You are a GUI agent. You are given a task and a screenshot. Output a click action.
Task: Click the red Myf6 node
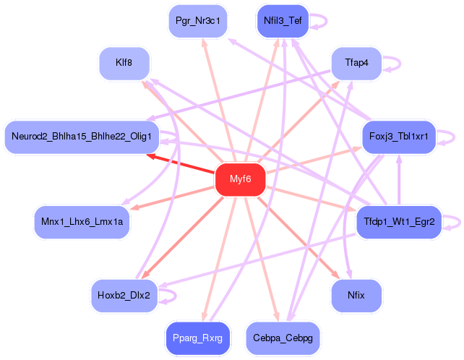240,179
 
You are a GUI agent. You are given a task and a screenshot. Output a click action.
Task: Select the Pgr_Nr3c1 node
197,21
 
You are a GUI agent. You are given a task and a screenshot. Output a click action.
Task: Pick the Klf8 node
124,63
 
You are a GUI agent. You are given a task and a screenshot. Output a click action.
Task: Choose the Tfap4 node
356,63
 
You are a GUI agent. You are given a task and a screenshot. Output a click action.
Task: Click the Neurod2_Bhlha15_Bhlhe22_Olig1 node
81,137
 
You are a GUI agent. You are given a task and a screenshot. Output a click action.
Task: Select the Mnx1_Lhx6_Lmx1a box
82,222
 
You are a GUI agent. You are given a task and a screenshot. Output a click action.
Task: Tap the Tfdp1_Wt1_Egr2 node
399,222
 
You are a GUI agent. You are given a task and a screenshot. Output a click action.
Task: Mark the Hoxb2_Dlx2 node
124,295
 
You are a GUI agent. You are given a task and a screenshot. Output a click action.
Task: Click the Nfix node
356,295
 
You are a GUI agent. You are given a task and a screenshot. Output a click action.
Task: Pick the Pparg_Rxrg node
197,338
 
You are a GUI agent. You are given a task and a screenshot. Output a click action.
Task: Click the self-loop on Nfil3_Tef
319,20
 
